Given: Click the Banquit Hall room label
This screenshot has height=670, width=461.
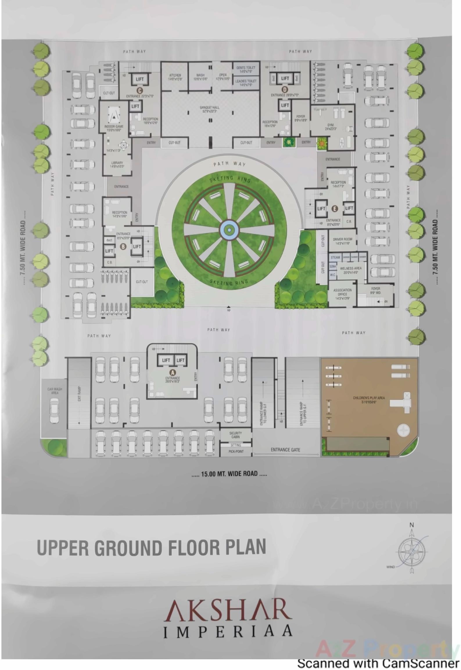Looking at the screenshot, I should point(209,109).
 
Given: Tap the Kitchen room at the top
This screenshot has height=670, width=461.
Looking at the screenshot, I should point(175,77).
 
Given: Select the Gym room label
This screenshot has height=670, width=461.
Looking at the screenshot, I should point(331,127).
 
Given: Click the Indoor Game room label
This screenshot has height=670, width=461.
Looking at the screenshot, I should point(114,128).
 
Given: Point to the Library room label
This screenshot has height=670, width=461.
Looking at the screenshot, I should point(117,164).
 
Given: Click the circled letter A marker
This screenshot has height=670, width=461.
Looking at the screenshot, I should point(173,372).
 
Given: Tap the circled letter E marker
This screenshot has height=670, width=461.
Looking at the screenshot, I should point(335,209).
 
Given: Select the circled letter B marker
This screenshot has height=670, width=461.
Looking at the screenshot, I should point(123,246).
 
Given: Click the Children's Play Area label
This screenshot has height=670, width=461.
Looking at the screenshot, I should point(369,400).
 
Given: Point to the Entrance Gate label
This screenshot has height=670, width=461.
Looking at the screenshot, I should point(285,449).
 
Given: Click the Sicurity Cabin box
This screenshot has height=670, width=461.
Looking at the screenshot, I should point(235,435).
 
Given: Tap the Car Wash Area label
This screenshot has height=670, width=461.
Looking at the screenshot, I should point(55,391).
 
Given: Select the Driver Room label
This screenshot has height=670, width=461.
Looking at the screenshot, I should point(342,241).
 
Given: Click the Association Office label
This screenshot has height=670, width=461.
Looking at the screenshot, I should point(342,294).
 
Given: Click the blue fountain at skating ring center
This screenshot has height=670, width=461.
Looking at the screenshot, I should point(229,230).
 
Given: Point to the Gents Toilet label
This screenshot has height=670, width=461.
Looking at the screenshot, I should point(246,69).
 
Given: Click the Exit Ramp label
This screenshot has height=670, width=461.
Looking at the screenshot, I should point(79,394).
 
